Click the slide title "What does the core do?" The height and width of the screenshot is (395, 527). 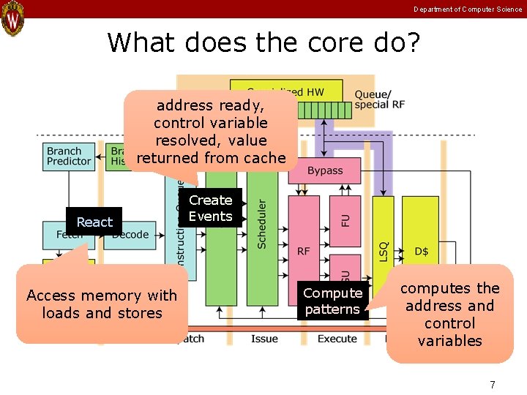[x=263, y=42]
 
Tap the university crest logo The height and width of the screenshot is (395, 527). [x=12, y=18]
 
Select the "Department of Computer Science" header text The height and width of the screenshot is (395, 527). [x=468, y=10]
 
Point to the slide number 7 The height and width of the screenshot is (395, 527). [x=493, y=385]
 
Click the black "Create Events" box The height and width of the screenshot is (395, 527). [x=210, y=208]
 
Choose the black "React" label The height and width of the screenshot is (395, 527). [x=94, y=222]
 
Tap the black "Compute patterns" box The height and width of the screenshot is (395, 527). [x=333, y=301]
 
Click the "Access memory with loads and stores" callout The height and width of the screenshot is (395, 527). [x=102, y=304]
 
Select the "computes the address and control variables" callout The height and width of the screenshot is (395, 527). [x=449, y=314]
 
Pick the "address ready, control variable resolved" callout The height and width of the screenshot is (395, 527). [x=211, y=132]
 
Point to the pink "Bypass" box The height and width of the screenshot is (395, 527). [x=325, y=170]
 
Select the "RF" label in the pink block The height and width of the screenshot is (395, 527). [x=304, y=251]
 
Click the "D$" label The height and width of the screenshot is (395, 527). [x=422, y=251]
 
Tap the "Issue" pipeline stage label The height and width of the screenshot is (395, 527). [x=264, y=339]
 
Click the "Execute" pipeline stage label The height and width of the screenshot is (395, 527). [x=337, y=339]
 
